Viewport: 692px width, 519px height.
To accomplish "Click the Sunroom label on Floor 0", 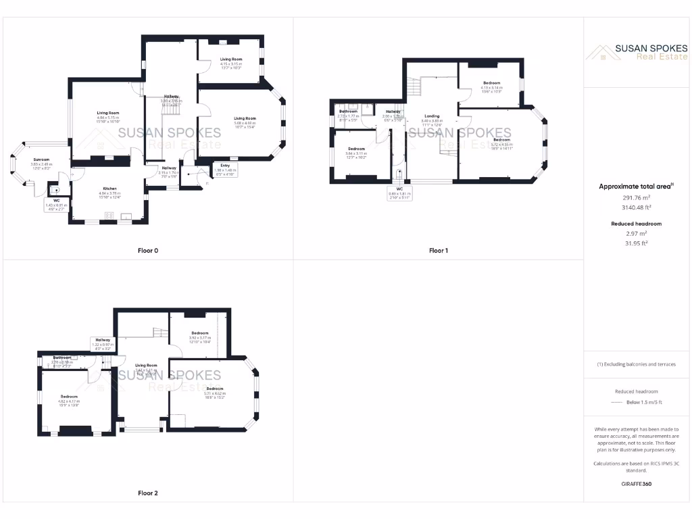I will click(x=41, y=160).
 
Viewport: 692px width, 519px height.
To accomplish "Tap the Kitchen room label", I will click(x=109, y=189).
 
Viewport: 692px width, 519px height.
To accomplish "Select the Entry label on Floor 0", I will click(x=224, y=165).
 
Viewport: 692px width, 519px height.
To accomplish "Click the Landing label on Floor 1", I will click(x=432, y=116).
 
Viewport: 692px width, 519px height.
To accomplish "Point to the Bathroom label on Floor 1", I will click(x=348, y=111).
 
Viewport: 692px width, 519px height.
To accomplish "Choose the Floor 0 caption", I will click(x=148, y=251).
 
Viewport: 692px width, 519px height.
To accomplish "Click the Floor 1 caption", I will click(x=439, y=251).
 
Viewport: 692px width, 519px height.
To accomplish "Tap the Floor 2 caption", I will click(x=148, y=493).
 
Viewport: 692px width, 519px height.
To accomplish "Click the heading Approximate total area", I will click(x=635, y=186).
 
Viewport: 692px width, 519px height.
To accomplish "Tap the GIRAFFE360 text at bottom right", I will click(x=636, y=484).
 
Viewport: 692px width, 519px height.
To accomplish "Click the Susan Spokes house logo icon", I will click(x=598, y=52).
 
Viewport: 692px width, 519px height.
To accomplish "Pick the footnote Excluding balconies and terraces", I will click(x=636, y=364).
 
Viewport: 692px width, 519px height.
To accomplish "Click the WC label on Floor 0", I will click(x=57, y=200).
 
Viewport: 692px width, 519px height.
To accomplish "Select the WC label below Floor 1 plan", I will click(x=400, y=189).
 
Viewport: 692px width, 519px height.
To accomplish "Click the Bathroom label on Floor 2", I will click(x=63, y=357).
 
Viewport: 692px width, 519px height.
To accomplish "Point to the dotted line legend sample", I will click(x=615, y=402).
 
